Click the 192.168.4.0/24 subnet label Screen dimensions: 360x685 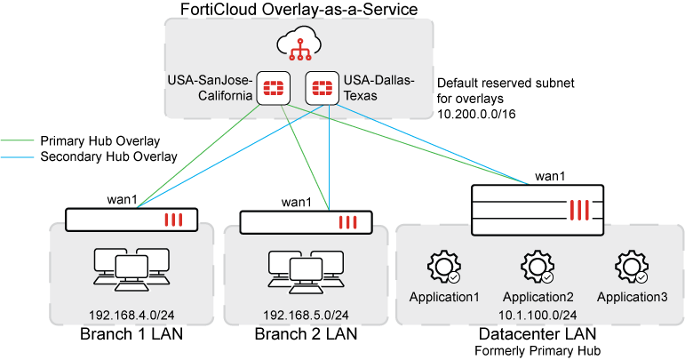click(131, 316)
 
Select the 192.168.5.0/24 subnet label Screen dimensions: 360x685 click(306, 316)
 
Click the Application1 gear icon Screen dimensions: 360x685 click(443, 267)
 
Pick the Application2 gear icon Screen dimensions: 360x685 click(538, 267)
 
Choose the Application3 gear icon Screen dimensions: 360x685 click(632, 267)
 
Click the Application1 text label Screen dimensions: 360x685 click(443, 297)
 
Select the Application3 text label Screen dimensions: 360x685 click(632, 297)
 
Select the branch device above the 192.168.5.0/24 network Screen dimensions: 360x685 click(306, 223)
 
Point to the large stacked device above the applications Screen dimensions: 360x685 click(538, 210)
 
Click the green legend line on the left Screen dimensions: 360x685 click(17, 140)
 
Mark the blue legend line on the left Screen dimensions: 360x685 click(17, 157)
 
